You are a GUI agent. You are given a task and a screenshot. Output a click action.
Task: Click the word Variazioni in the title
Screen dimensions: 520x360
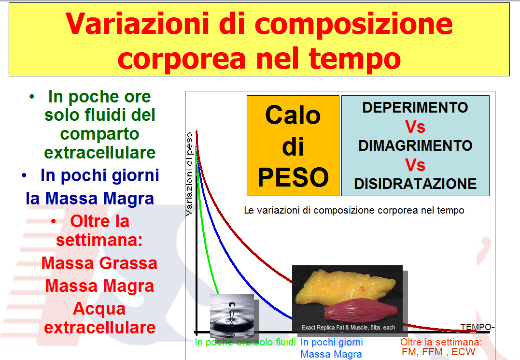coord(137,24)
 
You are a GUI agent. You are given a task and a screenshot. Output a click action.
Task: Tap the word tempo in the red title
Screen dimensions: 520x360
coord(354,59)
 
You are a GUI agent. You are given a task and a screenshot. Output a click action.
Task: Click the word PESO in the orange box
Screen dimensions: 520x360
coord(293,177)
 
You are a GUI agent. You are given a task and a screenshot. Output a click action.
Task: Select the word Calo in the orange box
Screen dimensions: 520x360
coord(293,115)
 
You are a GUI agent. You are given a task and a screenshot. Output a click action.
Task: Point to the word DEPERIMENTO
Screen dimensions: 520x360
coord(415,107)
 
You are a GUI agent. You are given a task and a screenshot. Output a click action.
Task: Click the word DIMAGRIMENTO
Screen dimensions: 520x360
coord(415,145)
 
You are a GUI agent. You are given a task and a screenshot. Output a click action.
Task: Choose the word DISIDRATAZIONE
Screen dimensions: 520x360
coord(415,184)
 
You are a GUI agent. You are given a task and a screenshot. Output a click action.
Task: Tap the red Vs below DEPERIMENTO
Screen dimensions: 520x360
coord(415,127)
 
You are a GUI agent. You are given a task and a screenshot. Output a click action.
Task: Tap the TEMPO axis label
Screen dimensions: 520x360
coord(476,327)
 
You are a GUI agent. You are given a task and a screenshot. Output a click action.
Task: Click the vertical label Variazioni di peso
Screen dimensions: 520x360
coord(189,174)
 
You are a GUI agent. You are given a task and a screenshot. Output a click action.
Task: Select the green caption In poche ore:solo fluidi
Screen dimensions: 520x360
coord(245,342)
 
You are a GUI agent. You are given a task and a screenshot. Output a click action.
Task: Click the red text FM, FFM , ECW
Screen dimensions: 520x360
coord(438,352)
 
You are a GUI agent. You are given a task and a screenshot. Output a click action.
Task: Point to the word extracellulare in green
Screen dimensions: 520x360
coord(100,153)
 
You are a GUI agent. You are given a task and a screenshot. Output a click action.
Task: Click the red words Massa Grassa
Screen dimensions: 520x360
coord(99,263)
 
